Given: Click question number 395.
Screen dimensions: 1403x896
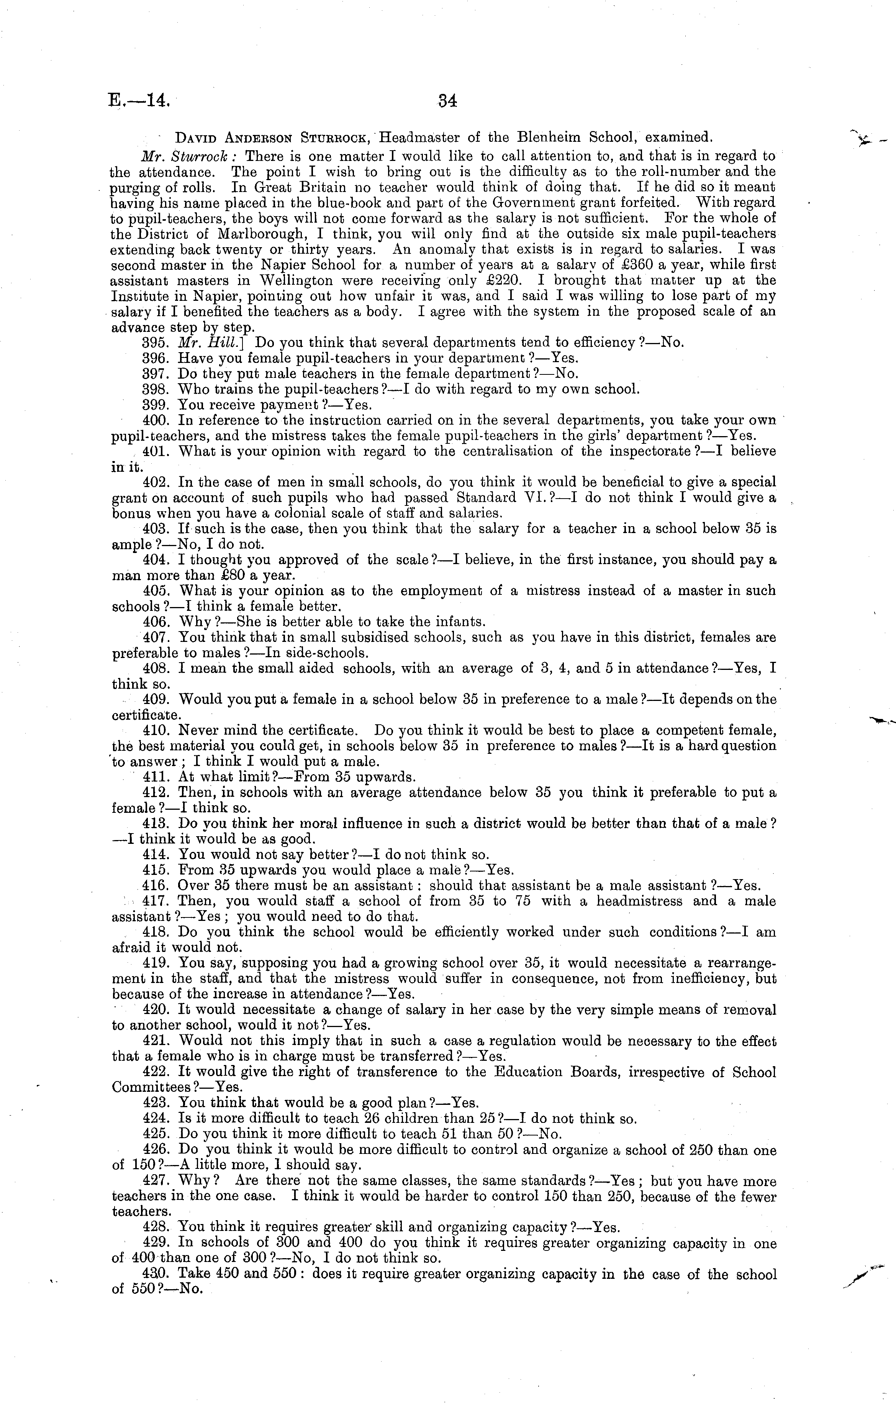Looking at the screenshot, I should (x=156, y=342).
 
